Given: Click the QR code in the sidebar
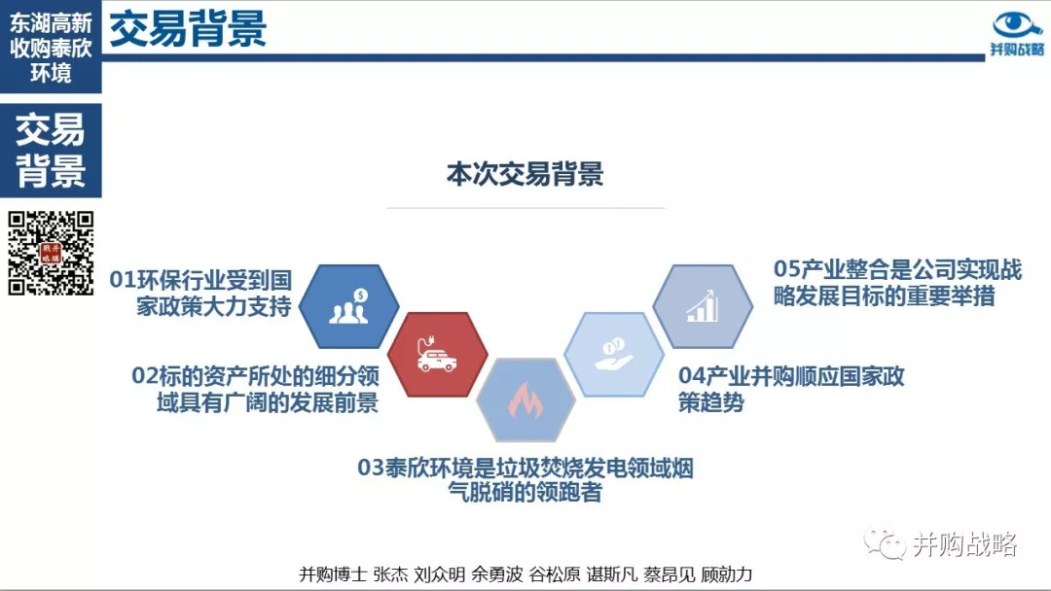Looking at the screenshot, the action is click(51, 253).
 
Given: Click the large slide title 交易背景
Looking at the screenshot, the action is click(188, 29).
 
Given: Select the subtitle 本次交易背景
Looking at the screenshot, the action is click(525, 174).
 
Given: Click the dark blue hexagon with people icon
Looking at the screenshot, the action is click(348, 306).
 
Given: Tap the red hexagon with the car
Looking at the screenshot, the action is click(437, 354).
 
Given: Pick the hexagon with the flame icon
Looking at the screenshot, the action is click(525, 400).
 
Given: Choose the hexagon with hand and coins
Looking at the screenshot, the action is click(614, 354).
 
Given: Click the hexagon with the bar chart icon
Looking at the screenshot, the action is click(703, 306).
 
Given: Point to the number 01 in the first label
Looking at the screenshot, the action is click(123, 280).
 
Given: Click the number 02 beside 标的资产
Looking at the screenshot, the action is click(145, 376).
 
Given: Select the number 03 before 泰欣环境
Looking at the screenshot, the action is click(371, 468).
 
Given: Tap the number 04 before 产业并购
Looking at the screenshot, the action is click(692, 376).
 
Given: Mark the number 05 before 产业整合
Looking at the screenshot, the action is click(787, 269).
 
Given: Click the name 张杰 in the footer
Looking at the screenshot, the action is click(390, 574).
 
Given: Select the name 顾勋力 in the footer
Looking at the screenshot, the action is click(727, 574).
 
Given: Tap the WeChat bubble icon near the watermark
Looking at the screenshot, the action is click(885, 543).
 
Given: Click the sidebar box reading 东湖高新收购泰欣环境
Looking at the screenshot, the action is click(51, 47).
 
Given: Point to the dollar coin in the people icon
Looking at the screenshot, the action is click(361, 295).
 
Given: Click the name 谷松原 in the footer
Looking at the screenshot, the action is click(555, 574).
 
